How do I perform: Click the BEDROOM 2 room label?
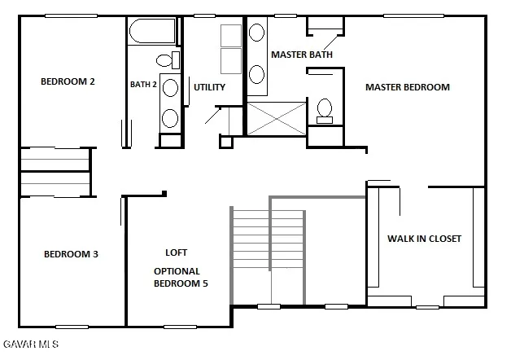[68, 81]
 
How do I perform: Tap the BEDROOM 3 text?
[71, 254]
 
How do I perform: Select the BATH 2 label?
[143, 84]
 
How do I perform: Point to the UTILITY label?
[209, 87]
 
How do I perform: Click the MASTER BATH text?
[302, 55]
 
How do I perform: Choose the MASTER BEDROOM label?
[407, 87]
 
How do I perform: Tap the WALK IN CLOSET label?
[424, 239]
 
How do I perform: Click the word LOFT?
[177, 252]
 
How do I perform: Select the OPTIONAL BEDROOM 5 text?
[177, 277]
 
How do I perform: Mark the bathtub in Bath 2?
[152, 33]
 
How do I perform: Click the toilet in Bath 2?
[166, 60]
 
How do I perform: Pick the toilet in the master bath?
[325, 109]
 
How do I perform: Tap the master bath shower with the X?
[277, 118]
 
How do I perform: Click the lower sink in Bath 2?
[169, 117]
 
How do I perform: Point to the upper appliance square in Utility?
[231, 37]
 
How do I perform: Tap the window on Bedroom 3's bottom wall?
[72, 327]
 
